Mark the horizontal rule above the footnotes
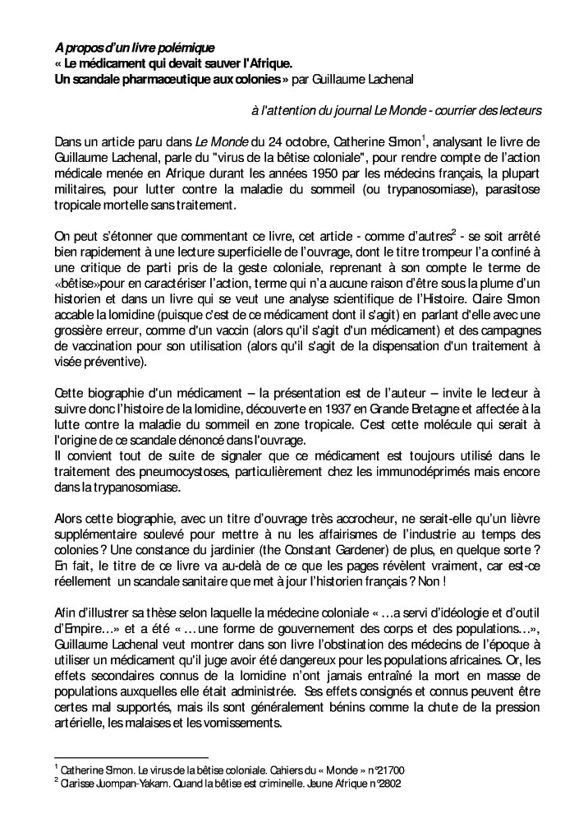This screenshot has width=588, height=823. click(x=131, y=757)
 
